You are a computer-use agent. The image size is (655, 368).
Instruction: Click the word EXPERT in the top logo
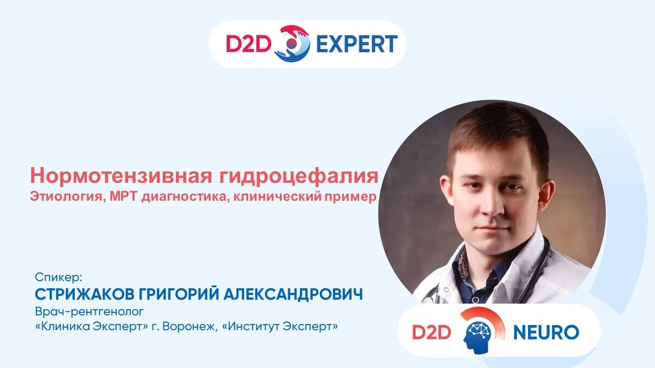point(357,44)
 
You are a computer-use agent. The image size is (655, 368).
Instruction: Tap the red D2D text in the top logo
point(248,44)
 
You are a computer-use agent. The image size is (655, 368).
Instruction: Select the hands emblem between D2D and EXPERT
point(293,44)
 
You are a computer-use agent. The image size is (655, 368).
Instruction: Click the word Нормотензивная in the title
point(121,176)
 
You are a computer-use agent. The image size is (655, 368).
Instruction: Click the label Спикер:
point(59,277)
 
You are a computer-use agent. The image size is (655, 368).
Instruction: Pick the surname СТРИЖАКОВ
point(85,294)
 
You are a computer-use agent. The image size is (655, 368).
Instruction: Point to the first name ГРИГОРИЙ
point(178,293)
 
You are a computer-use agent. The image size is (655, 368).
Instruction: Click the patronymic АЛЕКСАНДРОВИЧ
point(293,294)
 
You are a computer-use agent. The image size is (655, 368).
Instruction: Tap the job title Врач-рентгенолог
point(90,312)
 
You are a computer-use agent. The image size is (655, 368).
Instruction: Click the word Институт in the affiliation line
point(252,326)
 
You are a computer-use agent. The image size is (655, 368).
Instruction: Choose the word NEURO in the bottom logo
point(546,332)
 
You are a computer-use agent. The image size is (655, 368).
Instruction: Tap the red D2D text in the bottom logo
point(432,333)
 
